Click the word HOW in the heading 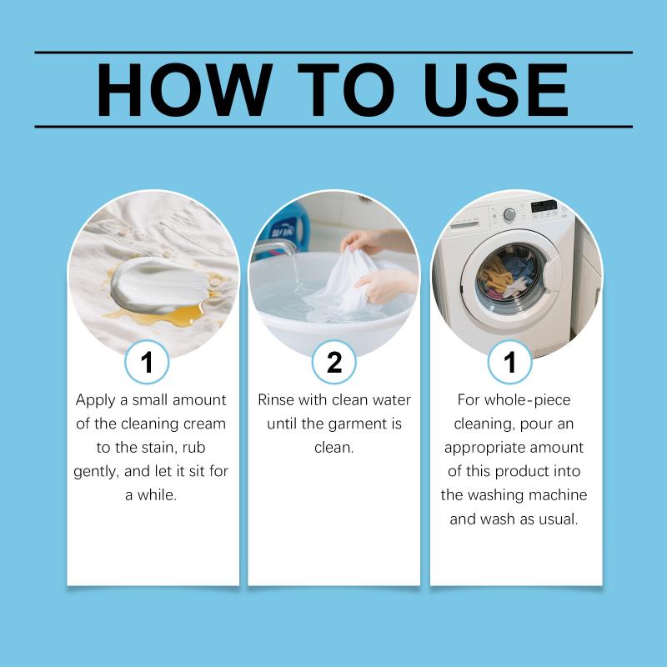click(x=184, y=90)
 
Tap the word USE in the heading click(x=496, y=90)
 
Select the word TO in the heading click(x=346, y=90)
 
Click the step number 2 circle click(x=334, y=362)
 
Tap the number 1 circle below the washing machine click(x=509, y=362)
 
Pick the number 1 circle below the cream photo click(x=147, y=362)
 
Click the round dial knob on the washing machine click(x=509, y=214)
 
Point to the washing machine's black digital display click(x=544, y=206)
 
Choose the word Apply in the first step click(x=96, y=401)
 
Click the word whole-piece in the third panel click(x=528, y=401)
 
